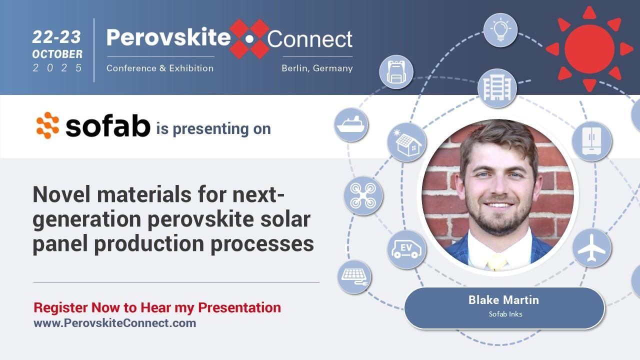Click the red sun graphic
point(589,48)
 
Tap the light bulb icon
point(500,30)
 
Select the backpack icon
point(396,72)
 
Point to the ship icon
point(351,124)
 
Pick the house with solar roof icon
point(407,142)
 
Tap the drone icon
point(363,195)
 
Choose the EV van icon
point(406,249)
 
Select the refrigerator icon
point(591,141)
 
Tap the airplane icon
point(591,247)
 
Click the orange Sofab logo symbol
point(48,125)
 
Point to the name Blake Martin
point(503,300)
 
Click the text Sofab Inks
point(505,314)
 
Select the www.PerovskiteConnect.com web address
point(114,323)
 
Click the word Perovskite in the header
point(168,38)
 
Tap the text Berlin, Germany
point(317,68)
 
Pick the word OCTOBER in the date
point(57,54)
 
